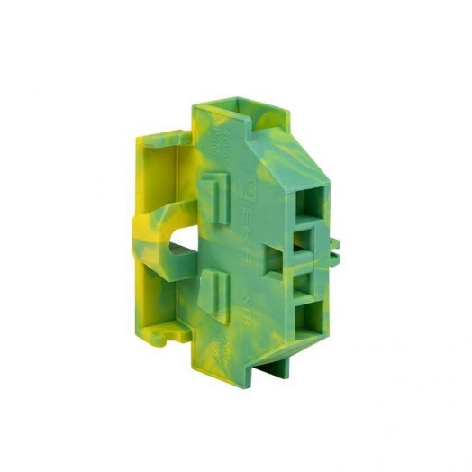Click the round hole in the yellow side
tap(177, 240)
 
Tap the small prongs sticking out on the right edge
tap(334, 248)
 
